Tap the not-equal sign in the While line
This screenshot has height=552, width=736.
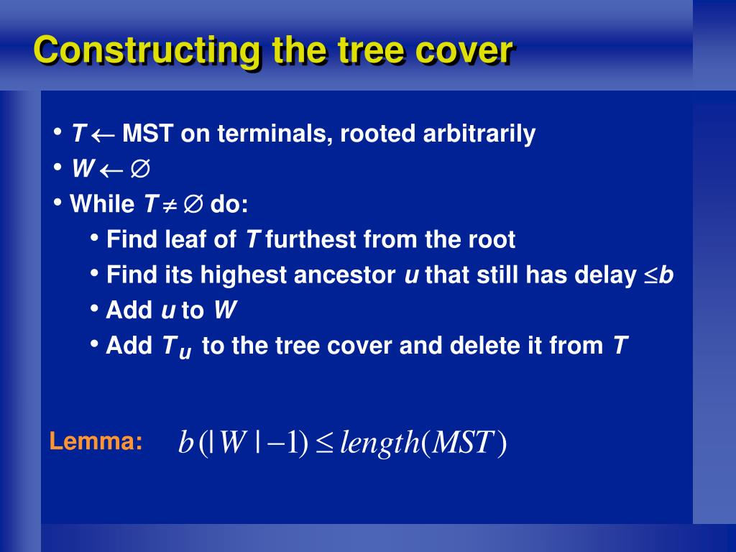coord(169,206)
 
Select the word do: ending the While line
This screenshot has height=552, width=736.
coord(229,205)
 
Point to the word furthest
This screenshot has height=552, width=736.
coord(312,239)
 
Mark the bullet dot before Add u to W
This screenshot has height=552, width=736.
coord(95,308)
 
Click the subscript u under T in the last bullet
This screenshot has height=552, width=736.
coord(185,353)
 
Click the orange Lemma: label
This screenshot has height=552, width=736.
coord(96,441)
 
